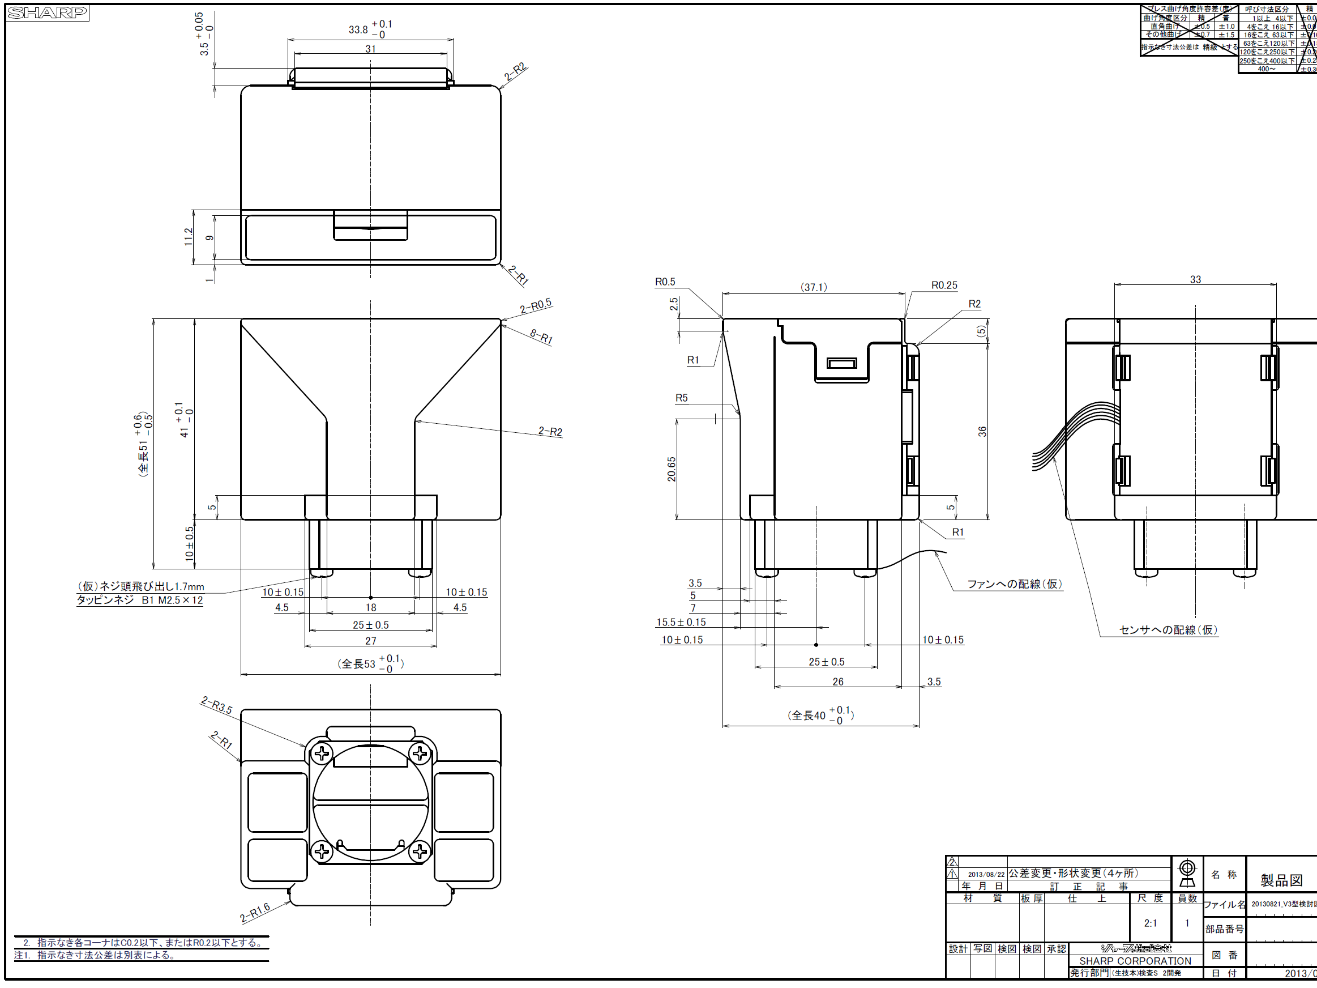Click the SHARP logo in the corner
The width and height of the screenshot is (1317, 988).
pyautogui.click(x=47, y=12)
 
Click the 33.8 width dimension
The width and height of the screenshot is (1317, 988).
pyautogui.click(x=358, y=29)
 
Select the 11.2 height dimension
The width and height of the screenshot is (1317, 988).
pyautogui.click(x=189, y=236)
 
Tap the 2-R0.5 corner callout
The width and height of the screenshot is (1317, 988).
pyautogui.click(x=536, y=305)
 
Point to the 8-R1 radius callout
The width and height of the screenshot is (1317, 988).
pyautogui.click(x=541, y=337)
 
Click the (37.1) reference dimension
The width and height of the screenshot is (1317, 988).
pyautogui.click(x=813, y=287)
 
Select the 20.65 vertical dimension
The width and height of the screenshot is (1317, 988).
pyautogui.click(x=672, y=469)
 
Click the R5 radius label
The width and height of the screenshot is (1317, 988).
pyautogui.click(x=681, y=398)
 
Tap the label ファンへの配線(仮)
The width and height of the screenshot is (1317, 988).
pyautogui.click(x=1014, y=584)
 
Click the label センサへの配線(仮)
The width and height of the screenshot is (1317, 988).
pyautogui.click(x=1168, y=629)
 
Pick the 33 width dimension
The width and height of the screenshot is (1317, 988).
pyautogui.click(x=1195, y=279)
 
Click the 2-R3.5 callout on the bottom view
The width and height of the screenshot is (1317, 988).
pyautogui.click(x=217, y=705)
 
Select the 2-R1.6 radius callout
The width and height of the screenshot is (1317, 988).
pyautogui.click(x=255, y=912)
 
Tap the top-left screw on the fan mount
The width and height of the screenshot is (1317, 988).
pyautogui.click(x=322, y=754)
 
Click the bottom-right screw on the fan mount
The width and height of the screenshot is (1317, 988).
pyautogui.click(x=420, y=851)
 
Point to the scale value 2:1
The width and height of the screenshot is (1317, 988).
pyautogui.click(x=1151, y=923)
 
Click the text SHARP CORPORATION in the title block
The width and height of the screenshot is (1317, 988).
pyautogui.click(x=1135, y=961)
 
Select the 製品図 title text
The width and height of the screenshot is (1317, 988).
pyautogui.click(x=1281, y=880)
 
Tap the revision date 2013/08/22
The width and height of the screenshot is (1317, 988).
pyautogui.click(x=986, y=874)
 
